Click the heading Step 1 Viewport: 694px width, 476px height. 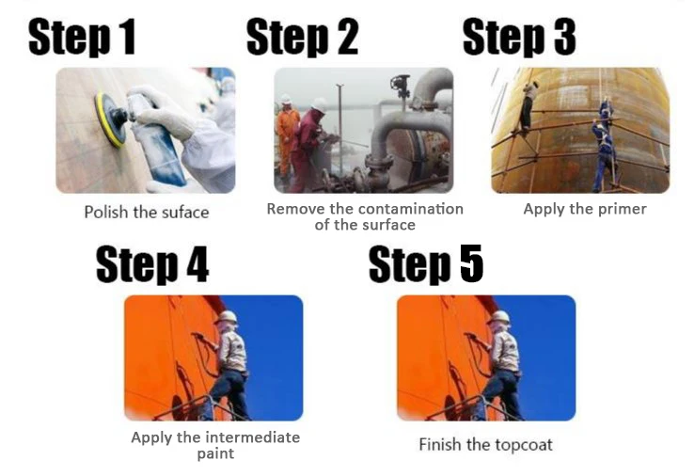pyautogui.click(x=82, y=38)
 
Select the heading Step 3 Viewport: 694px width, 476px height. pyautogui.click(x=519, y=38)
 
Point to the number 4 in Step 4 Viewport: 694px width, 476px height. pyautogui.click(x=197, y=264)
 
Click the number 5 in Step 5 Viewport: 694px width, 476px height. pyautogui.click(x=471, y=264)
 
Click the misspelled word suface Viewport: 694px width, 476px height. pyautogui.click(x=185, y=212)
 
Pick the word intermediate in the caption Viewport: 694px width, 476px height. pyautogui.click(x=251, y=437)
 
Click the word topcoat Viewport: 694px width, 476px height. pyautogui.click(x=522, y=445)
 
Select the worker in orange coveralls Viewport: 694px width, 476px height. pyautogui.click(x=287, y=136)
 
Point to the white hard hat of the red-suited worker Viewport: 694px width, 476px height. pyautogui.click(x=319, y=105)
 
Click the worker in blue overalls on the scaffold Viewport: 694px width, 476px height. pyautogui.click(x=605, y=145)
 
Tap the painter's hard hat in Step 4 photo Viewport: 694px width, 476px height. pyautogui.click(x=227, y=317)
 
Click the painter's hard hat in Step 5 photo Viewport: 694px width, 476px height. pyautogui.click(x=499, y=317)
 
